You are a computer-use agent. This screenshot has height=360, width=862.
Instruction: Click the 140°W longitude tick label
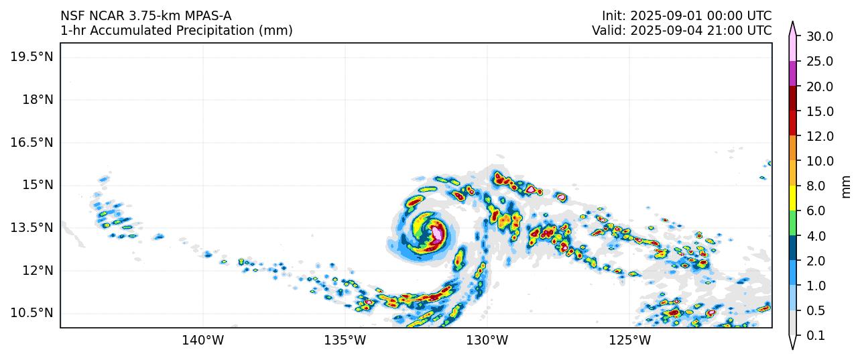click(x=202, y=340)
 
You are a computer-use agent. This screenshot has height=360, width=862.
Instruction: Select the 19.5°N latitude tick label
click(x=32, y=56)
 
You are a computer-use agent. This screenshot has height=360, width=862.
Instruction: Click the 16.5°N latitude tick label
click(x=32, y=142)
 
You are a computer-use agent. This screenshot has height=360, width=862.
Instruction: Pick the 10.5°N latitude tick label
click(x=32, y=313)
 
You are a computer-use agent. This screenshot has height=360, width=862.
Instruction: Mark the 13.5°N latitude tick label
click(x=32, y=228)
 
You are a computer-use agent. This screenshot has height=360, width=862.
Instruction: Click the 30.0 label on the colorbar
click(x=819, y=36)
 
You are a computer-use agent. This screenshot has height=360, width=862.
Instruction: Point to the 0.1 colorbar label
click(x=815, y=336)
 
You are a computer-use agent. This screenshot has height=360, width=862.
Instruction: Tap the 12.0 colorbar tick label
click(x=819, y=136)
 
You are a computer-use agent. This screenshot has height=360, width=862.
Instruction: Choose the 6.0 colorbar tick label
click(x=815, y=211)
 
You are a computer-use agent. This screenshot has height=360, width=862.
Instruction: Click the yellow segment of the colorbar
click(x=792, y=198)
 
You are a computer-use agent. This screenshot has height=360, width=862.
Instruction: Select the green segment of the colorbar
click(x=792, y=223)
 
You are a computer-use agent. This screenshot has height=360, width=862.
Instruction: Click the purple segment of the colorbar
click(x=792, y=74)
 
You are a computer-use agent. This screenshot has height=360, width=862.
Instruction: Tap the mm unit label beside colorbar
click(x=847, y=186)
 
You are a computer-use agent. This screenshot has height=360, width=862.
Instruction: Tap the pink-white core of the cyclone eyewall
click(x=437, y=234)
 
